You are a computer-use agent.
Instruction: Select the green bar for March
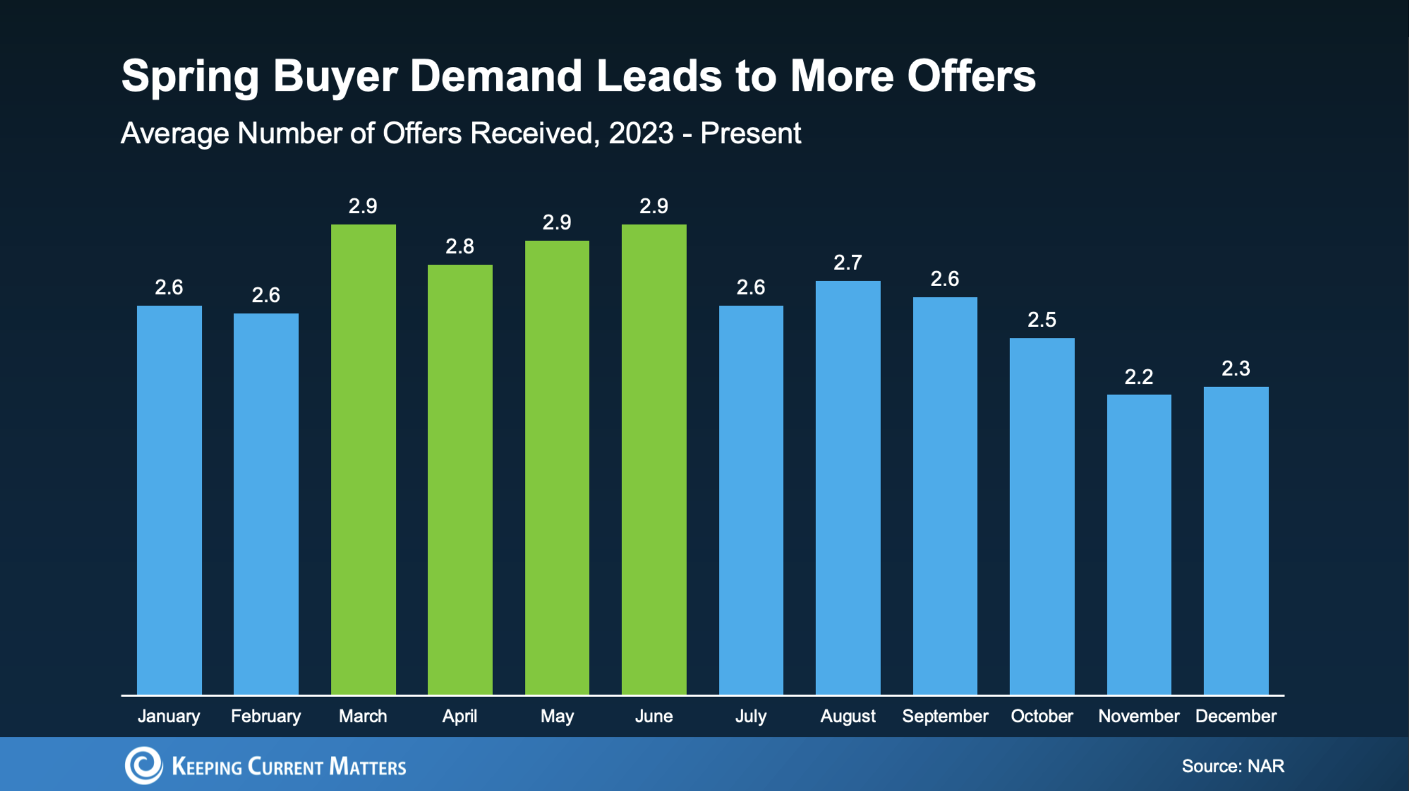coord(363,460)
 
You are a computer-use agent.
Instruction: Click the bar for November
coord(1139,545)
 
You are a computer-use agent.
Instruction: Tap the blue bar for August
coord(848,487)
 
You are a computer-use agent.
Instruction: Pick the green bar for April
coord(460,479)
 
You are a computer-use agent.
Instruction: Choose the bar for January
coord(169,500)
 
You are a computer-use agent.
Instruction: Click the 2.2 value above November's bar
coord(1139,376)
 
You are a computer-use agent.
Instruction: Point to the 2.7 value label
coord(848,263)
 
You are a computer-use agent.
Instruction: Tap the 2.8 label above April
coord(460,246)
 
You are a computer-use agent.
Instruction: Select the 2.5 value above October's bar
coord(1042,319)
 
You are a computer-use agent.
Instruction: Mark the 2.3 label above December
coord(1236,368)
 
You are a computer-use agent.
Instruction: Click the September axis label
coord(945,716)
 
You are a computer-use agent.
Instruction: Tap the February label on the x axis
coord(266,716)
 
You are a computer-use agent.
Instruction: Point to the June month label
coord(653,716)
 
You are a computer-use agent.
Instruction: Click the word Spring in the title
coord(190,77)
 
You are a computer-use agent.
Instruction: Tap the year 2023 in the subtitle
coord(641,133)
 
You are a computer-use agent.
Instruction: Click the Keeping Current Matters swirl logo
coord(144,765)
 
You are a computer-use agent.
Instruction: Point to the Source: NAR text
coord(1233,766)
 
